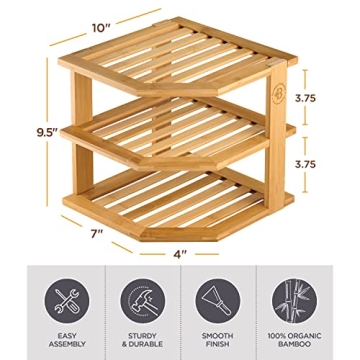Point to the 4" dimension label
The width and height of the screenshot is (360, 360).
coord(180,252)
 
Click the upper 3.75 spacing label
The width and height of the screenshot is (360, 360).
coord(317,100)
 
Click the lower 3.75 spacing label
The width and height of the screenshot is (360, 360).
coord(317,161)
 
